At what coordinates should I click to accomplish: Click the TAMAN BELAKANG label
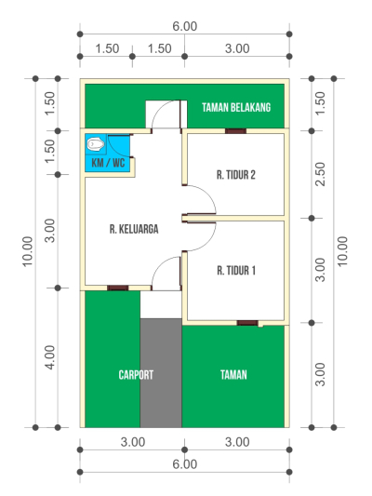coord(236,108)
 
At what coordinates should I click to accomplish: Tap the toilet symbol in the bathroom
coord(95,144)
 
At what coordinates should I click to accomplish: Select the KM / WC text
coord(108,163)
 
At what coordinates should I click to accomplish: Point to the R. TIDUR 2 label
coord(236,175)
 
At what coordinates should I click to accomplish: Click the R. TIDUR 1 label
coord(236,271)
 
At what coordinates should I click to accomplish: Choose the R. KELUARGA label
coord(134,229)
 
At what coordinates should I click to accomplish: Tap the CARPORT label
coord(136,375)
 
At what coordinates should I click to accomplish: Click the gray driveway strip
coord(161,373)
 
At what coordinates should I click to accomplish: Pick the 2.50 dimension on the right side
coord(320,174)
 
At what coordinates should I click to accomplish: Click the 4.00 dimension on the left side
coord(50,357)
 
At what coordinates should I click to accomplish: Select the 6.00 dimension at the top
coord(184,26)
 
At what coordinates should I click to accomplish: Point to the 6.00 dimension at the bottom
coord(184,464)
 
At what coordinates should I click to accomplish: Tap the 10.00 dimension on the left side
coord(28,252)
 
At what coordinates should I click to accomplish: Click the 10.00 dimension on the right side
coord(342,252)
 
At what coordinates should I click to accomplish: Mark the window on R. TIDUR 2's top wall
coord(235,131)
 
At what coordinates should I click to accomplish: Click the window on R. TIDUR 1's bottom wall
coord(247,323)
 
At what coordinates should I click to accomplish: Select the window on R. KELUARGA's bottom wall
coord(117,288)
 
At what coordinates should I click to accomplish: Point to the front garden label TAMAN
coord(233,375)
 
